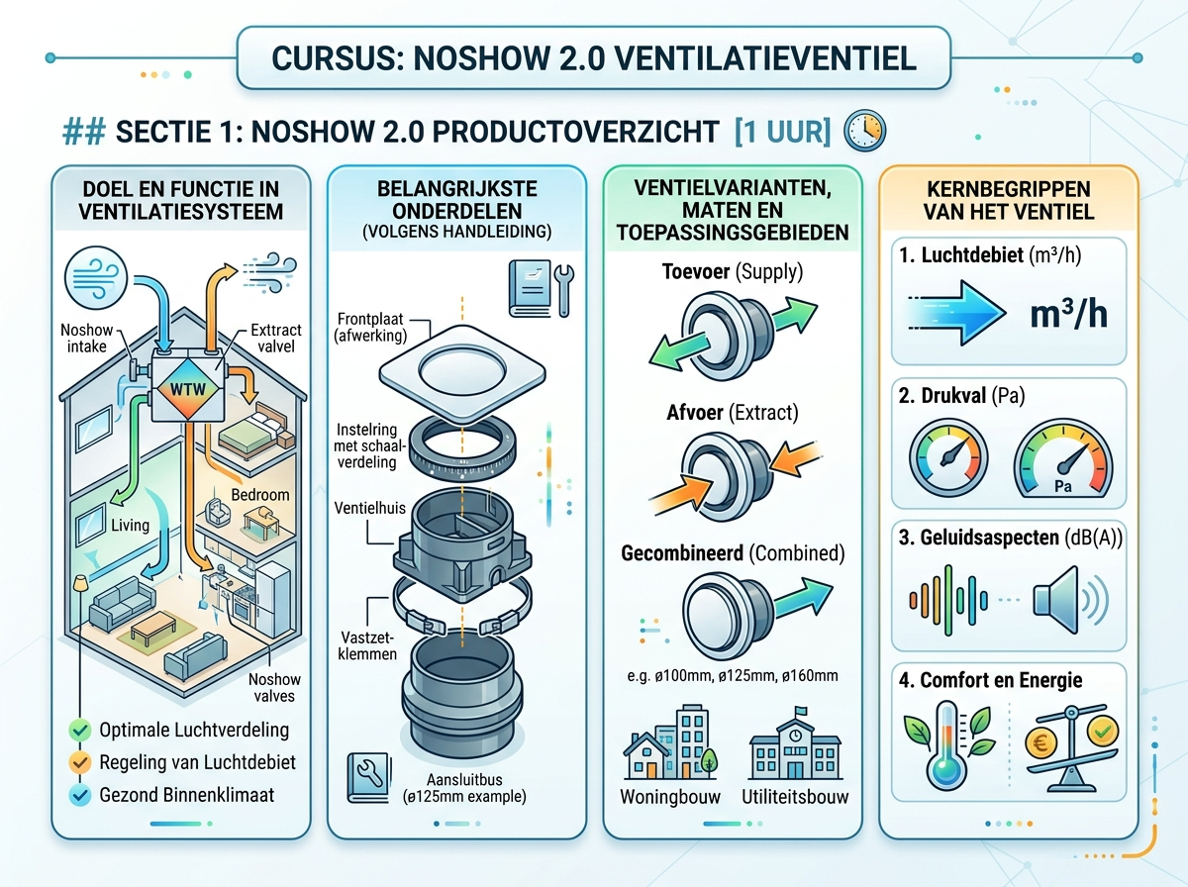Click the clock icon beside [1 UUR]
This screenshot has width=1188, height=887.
coord(863,131)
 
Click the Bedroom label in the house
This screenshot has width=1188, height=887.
coord(259,493)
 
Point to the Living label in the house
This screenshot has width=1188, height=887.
coord(130,525)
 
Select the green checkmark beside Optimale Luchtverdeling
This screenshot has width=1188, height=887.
coord(81,731)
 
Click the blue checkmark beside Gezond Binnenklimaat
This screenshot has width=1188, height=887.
coord(81,794)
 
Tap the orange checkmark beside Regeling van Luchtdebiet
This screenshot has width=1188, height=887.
coord(81,762)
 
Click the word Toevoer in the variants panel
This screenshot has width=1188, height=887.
coord(704,269)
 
